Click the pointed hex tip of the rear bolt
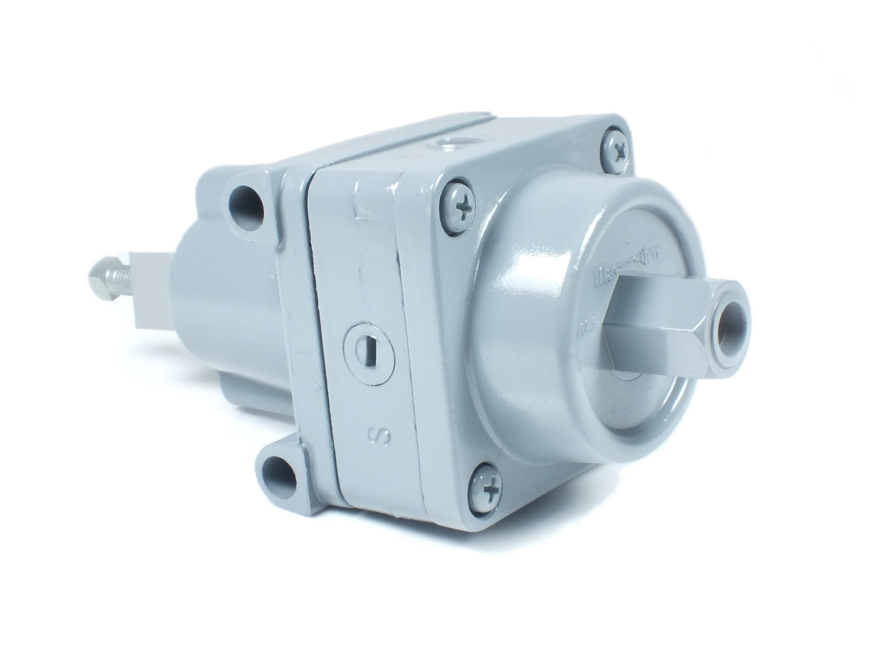pyautogui.click(x=98, y=271)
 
